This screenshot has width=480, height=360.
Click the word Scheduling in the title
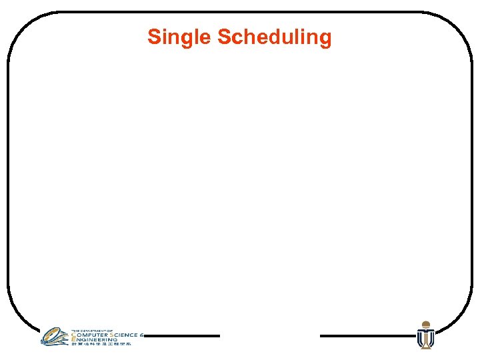(x=274, y=37)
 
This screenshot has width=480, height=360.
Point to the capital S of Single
(x=153, y=37)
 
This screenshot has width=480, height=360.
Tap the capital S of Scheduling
(x=223, y=37)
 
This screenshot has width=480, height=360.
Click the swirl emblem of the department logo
(x=55, y=336)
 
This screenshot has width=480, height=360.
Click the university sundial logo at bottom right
(x=425, y=335)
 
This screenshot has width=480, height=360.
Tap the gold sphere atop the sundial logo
(x=425, y=324)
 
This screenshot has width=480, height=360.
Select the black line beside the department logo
(x=182, y=336)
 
